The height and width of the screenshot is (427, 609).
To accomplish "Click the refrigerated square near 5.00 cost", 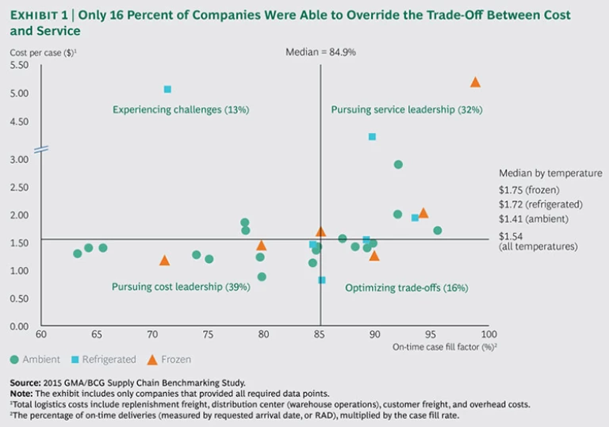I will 167,90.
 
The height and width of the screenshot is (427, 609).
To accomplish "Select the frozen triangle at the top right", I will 475,82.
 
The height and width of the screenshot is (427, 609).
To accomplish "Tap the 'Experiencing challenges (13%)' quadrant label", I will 180,109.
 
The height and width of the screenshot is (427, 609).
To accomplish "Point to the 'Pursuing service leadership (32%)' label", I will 406,109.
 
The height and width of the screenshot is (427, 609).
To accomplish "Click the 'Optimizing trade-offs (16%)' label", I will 396,288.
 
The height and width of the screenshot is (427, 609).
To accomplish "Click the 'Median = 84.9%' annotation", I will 320,51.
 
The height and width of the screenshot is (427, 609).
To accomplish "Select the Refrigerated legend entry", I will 103,359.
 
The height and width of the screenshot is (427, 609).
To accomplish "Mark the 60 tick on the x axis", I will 41,335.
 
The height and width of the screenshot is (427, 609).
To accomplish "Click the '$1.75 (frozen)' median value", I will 529,190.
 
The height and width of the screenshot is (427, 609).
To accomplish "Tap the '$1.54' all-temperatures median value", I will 511,236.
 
